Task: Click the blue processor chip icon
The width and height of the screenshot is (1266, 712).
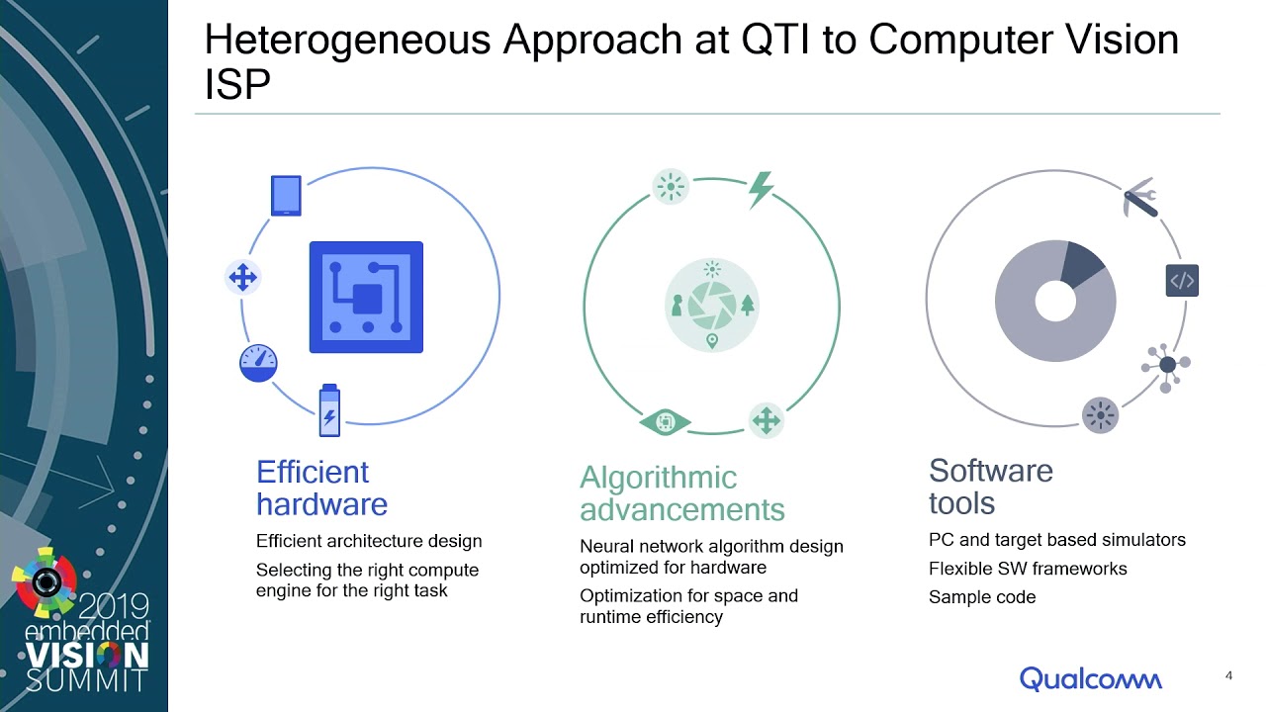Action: tap(366, 298)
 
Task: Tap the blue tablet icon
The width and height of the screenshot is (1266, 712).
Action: tap(286, 196)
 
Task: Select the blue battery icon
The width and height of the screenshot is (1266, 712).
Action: tap(329, 410)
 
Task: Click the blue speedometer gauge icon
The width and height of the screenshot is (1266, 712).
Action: tap(258, 363)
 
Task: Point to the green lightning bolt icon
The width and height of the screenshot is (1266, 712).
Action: tap(761, 189)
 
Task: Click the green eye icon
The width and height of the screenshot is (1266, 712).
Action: tap(665, 422)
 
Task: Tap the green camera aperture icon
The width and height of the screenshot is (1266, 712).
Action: tap(712, 306)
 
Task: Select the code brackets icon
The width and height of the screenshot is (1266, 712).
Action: tap(1182, 280)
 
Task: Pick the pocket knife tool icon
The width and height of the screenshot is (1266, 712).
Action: tap(1140, 198)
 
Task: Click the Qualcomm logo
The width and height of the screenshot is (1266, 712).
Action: tap(1091, 678)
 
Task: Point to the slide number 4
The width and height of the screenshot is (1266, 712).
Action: tap(1228, 675)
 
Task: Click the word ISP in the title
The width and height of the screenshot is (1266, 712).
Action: tap(237, 85)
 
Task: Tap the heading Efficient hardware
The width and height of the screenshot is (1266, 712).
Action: tap(321, 489)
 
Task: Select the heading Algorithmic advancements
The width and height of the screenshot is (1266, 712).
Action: tap(682, 493)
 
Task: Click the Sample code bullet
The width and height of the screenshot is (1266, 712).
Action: tap(982, 597)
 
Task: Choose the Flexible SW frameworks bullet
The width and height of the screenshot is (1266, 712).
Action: tap(1028, 569)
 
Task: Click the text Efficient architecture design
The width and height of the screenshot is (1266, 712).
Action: tap(369, 541)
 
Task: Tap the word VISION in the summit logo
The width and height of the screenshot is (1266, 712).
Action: tap(88, 656)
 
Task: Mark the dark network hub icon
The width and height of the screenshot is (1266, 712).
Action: tap(1166, 366)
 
